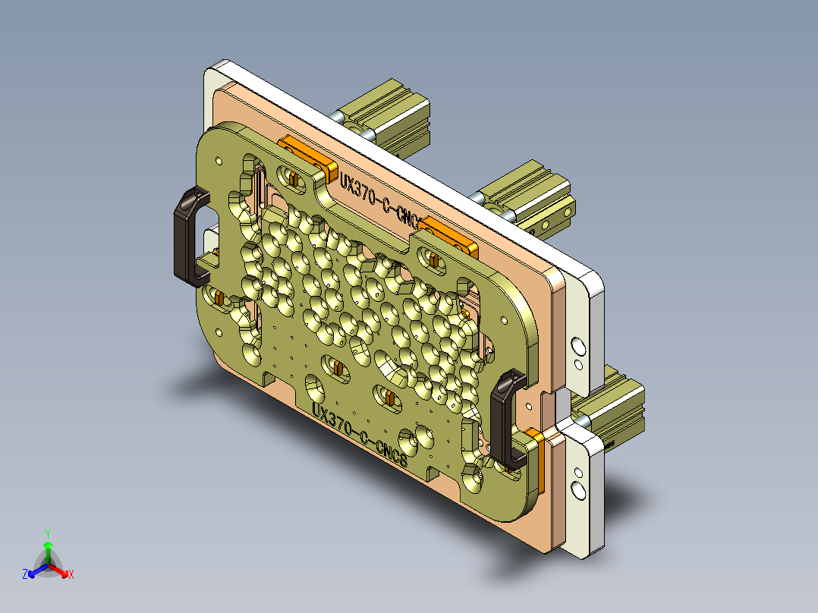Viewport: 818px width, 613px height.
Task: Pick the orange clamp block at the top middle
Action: [x=449, y=234]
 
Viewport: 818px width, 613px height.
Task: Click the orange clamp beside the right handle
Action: [x=536, y=458]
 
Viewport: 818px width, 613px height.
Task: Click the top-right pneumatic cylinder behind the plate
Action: [x=531, y=193]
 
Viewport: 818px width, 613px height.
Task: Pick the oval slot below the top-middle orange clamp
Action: [x=435, y=260]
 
